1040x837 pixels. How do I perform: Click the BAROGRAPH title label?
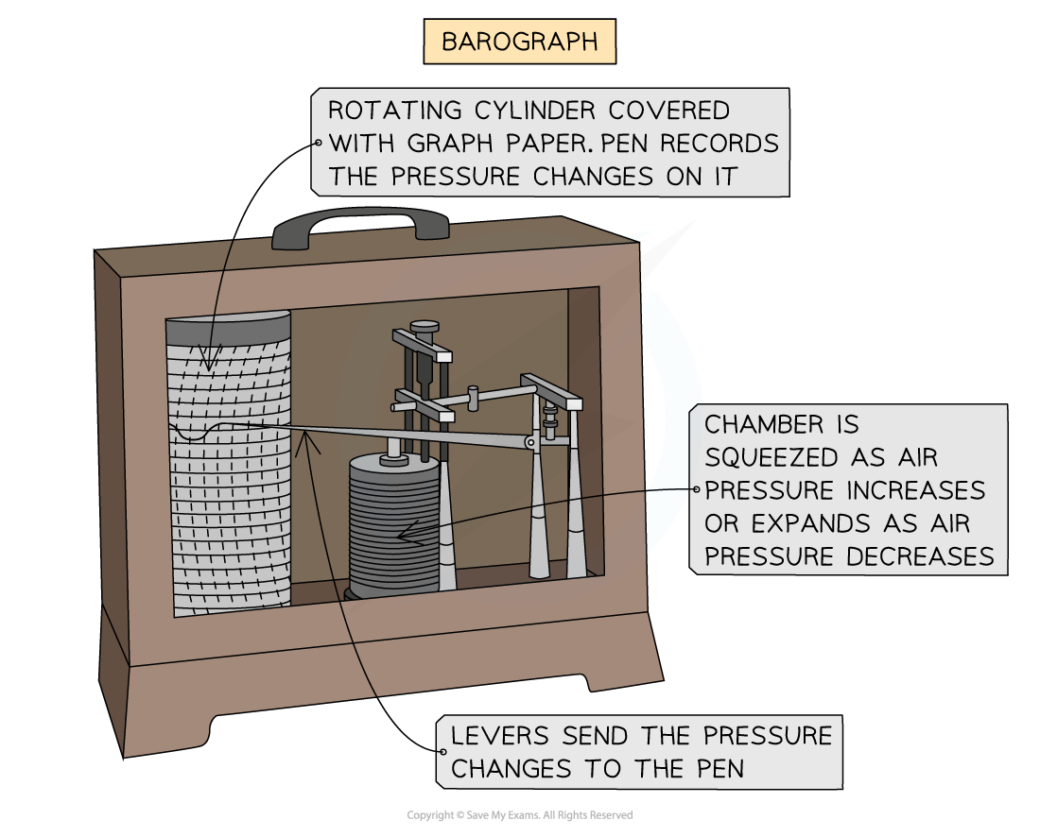pos(519,43)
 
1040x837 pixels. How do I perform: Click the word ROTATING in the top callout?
pos(388,111)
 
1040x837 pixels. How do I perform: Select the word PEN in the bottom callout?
pos(719,769)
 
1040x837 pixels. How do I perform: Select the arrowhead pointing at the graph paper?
pos(209,365)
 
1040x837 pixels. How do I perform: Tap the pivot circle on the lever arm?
pos(531,441)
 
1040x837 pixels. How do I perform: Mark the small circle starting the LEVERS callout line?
pos(442,752)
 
